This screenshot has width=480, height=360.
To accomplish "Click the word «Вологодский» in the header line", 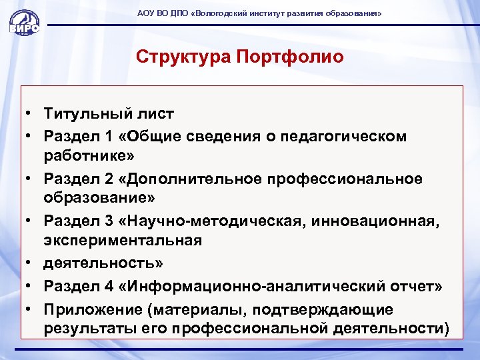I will point(222,13).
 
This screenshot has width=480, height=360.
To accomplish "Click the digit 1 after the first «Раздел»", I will point(108,136).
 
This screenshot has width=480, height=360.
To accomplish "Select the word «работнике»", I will point(87,157).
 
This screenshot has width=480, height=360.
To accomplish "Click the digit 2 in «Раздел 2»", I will point(108,179).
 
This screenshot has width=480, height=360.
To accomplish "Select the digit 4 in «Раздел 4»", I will point(108,286).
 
